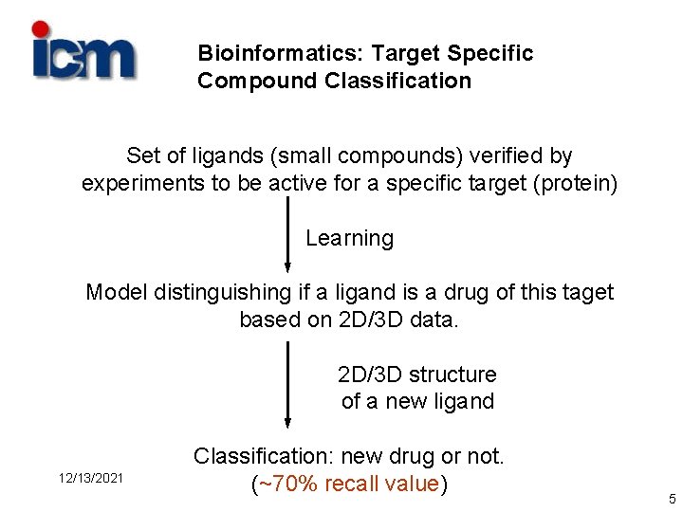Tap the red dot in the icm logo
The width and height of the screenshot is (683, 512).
41,29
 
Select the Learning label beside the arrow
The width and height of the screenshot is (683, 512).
349,238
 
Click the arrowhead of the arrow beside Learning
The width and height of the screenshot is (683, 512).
287,267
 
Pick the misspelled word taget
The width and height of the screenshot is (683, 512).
586,292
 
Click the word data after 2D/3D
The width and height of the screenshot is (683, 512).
434,320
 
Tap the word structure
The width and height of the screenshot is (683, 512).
452,375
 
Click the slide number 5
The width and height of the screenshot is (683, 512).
672,499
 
